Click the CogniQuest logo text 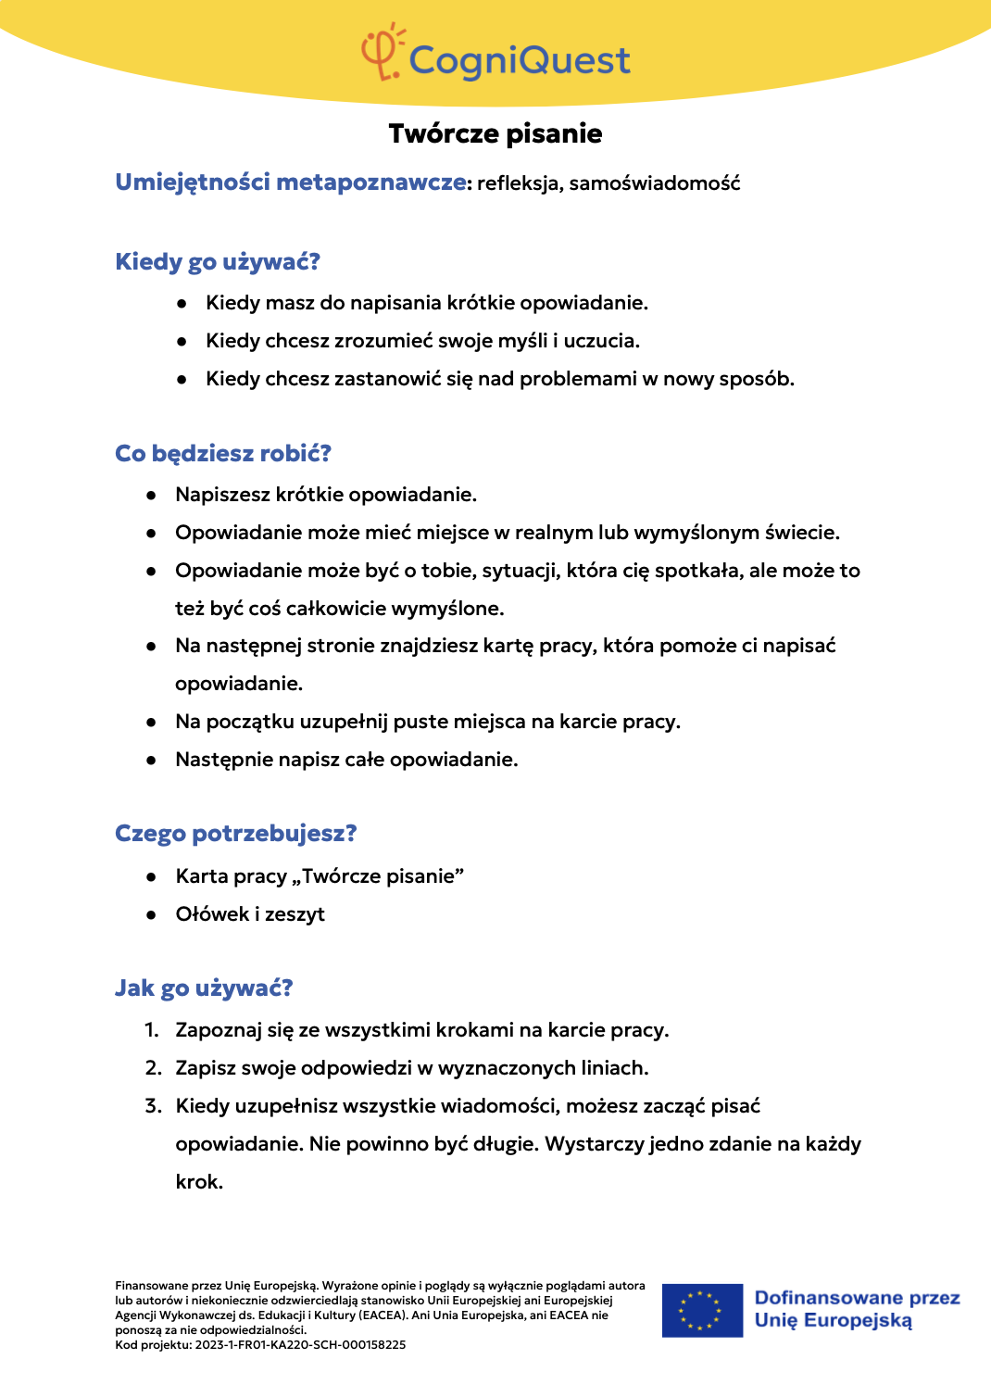519,61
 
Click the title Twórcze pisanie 495,134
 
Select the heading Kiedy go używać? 218,262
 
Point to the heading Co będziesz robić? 223,454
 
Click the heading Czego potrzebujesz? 236,834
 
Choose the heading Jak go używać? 204,988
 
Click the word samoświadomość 655,183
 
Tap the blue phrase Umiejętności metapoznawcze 291,182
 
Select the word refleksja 519,183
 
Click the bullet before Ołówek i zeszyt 151,915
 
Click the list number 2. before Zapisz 153,1068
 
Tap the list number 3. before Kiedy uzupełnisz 153,1106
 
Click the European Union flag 702,1310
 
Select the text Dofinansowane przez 857,1298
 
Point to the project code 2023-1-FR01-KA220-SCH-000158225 300,1345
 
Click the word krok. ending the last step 199,1182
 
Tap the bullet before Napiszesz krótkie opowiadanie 151,496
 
